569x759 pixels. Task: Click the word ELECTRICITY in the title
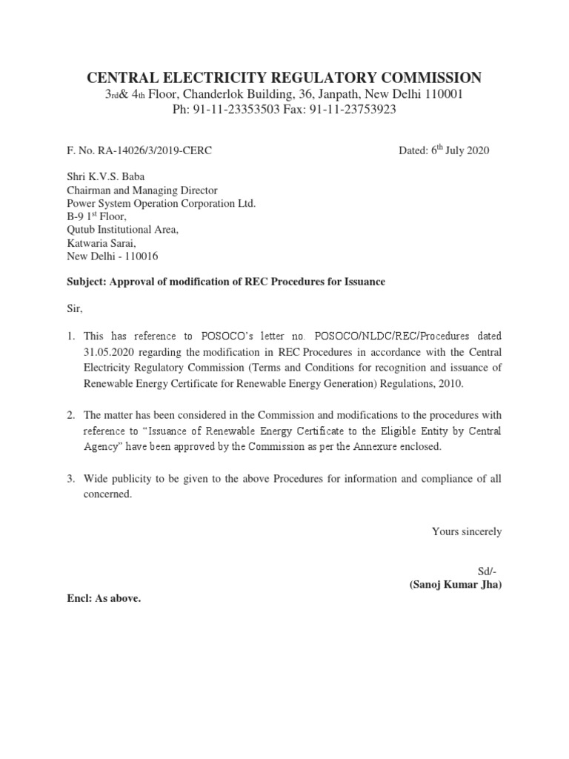(200, 78)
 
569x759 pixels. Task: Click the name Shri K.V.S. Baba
(102, 176)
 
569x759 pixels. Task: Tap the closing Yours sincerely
(467, 531)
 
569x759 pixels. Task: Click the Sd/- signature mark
(489, 571)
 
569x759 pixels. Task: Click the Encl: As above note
(104, 599)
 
